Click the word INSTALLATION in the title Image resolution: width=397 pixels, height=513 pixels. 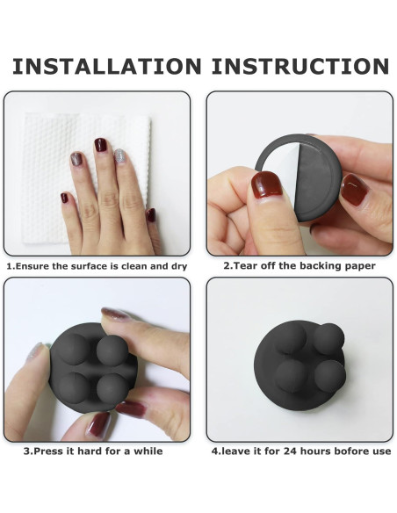(106, 67)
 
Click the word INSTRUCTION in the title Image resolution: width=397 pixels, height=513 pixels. (300, 67)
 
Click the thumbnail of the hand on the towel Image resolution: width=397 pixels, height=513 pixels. (151, 215)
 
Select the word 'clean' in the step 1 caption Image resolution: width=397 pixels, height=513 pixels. (134, 266)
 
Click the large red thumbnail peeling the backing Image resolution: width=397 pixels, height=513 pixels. (266, 184)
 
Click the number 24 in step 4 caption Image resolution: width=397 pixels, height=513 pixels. (290, 452)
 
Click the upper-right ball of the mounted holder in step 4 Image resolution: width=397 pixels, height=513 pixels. (328, 338)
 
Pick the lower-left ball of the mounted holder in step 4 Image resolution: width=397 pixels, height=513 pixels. (291, 376)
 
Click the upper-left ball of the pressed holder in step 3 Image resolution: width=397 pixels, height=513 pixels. (74, 349)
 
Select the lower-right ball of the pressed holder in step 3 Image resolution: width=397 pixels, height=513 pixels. (112, 388)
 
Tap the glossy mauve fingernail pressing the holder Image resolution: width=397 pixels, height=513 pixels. (114, 314)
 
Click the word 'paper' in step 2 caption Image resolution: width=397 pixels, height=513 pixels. (360, 266)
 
